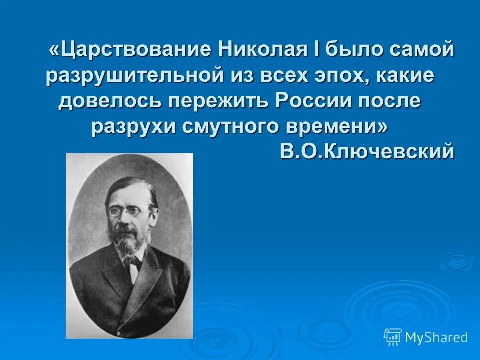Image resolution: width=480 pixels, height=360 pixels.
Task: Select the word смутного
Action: click(x=226, y=127)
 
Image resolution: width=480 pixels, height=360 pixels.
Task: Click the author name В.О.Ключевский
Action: click(x=367, y=151)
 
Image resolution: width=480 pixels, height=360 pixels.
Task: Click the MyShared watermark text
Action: click(x=436, y=337)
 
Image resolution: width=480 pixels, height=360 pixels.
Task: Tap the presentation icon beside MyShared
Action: click(x=393, y=337)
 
